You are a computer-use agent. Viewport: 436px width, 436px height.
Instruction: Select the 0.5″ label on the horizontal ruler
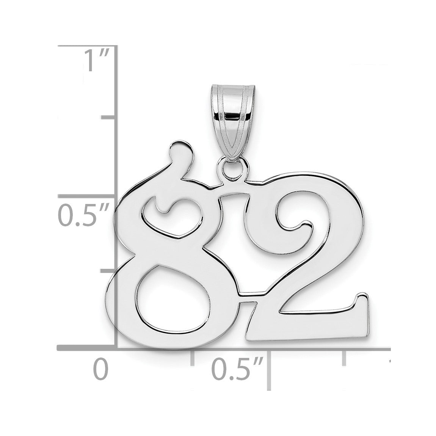[237, 369]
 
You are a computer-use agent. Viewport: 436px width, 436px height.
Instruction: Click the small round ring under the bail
[232, 169]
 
